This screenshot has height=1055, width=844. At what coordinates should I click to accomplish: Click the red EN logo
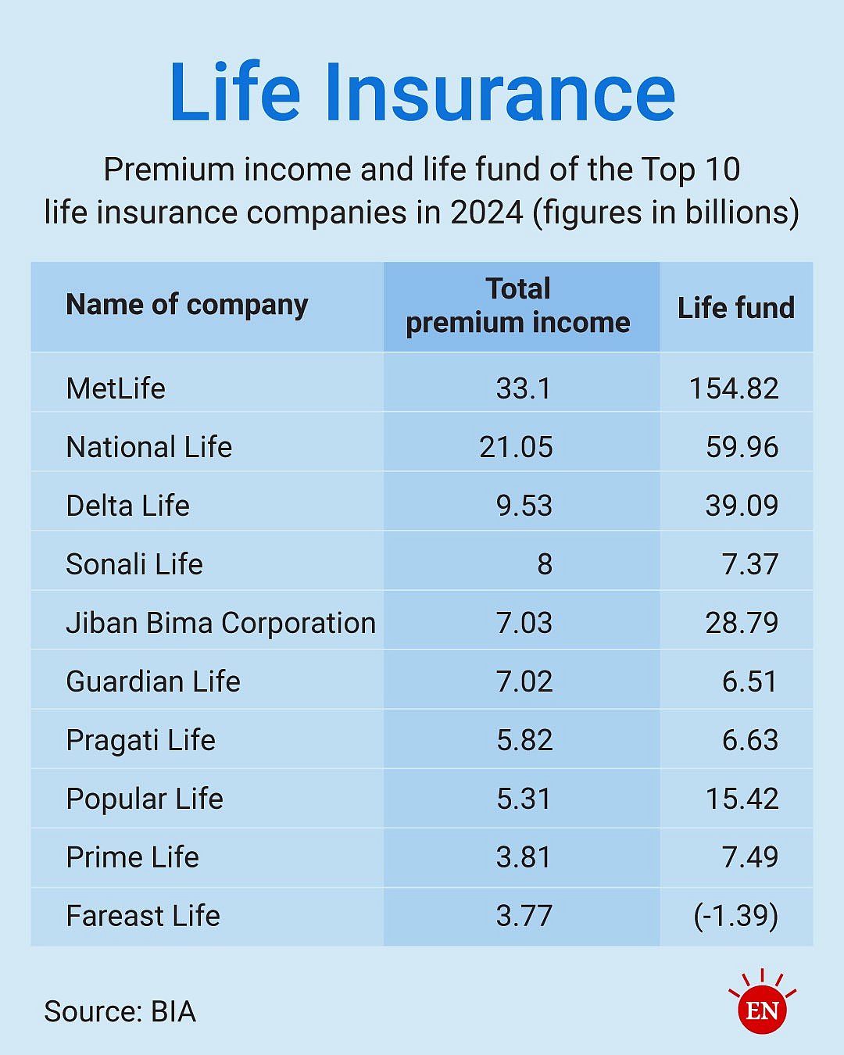(x=762, y=1010)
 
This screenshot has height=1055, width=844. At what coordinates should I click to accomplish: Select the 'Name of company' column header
(x=187, y=305)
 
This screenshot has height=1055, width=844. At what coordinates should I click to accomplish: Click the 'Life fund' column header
(x=735, y=308)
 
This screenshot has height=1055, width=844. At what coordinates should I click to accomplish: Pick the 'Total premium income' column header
(x=518, y=306)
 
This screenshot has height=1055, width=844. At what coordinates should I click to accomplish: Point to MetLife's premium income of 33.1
(x=524, y=388)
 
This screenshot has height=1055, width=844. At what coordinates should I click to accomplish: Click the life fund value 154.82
(x=734, y=388)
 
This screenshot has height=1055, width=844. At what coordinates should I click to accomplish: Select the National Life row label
(x=149, y=447)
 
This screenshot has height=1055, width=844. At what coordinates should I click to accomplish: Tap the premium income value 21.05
(x=516, y=447)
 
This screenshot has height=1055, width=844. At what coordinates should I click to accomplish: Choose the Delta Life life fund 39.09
(x=742, y=506)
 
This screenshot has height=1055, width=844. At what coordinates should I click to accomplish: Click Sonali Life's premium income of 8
(x=545, y=564)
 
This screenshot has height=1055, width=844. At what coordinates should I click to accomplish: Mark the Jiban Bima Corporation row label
(x=220, y=623)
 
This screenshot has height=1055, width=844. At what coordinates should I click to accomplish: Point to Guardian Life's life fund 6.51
(x=749, y=681)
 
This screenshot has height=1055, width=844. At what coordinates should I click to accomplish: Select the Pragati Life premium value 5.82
(x=524, y=740)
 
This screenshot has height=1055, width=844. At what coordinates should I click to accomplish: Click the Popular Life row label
(x=145, y=799)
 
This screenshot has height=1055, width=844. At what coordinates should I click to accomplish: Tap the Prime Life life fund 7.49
(x=750, y=857)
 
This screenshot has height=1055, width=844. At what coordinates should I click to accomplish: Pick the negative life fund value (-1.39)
(x=735, y=916)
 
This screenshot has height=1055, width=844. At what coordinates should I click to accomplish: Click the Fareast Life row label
(x=143, y=916)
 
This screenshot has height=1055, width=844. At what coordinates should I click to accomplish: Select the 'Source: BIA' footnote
(x=120, y=1011)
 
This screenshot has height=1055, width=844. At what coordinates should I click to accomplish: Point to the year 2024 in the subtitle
(x=486, y=213)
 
